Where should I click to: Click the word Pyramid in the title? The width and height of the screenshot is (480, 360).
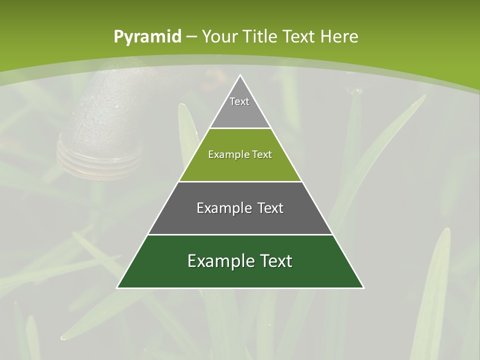click(x=147, y=37)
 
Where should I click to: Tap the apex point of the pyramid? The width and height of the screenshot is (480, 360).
click(x=240, y=75)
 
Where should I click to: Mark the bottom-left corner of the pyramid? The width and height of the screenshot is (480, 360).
click(x=117, y=287)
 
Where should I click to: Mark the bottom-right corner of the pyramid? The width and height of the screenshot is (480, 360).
click(x=363, y=287)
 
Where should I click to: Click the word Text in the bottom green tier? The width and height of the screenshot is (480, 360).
click(x=275, y=261)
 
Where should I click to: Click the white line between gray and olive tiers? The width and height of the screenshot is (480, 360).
click(x=240, y=128)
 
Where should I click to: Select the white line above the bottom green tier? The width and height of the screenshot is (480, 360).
click(x=240, y=234)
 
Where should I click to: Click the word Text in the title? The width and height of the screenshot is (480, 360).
click(x=298, y=36)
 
